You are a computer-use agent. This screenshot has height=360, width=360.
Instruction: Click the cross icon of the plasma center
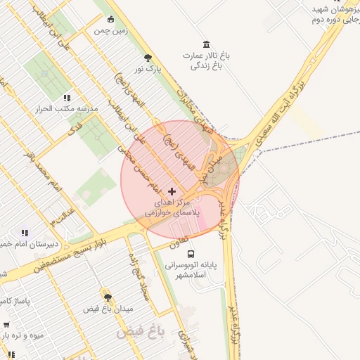pyautogui.click(x=172, y=191)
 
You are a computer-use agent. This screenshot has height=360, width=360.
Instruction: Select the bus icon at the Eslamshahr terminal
pyautogui.click(x=191, y=254)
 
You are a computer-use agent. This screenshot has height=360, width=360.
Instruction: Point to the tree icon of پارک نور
pyautogui.click(x=147, y=58)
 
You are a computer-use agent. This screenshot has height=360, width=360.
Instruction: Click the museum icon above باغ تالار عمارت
pyautogui.click(x=205, y=44)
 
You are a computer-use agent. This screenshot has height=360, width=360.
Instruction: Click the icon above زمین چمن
pyautogui.click(x=110, y=19)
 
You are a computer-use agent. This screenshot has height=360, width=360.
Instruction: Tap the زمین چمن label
pyautogui.click(x=110, y=32)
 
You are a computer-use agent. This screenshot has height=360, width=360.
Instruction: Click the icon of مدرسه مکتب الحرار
pyautogui.click(x=67, y=98)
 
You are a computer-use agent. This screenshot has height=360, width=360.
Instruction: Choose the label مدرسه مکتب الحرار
pyautogui.click(x=67, y=110)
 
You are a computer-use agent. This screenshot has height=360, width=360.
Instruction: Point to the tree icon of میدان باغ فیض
pyautogui.click(x=108, y=297)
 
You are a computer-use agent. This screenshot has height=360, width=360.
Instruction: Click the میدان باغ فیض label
pyautogui.click(x=108, y=309)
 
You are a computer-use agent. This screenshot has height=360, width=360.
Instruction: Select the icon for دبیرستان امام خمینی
pyautogui.click(x=25, y=233)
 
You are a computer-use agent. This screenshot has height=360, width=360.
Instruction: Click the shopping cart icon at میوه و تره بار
pyautogui.click(x=6, y=325)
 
